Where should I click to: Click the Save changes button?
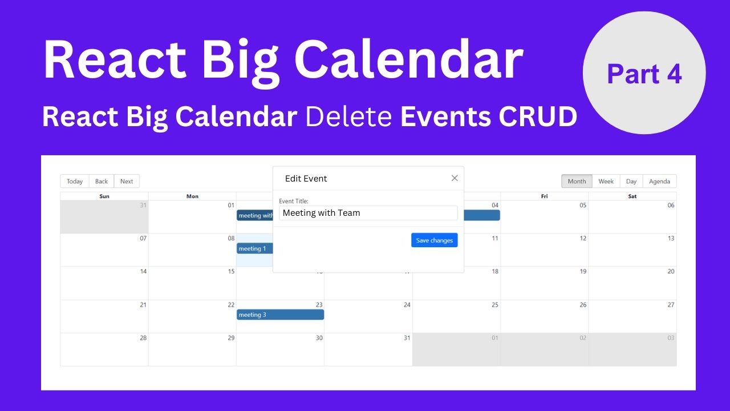point(434,240)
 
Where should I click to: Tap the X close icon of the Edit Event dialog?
point(455,178)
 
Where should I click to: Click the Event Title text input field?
point(368,213)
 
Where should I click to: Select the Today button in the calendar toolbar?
point(75,182)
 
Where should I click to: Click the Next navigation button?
point(127,182)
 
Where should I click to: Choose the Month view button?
point(577,182)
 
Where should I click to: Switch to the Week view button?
point(606,182)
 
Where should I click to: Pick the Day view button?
point(631,182)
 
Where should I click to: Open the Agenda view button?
point(659,182)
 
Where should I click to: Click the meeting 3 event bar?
point(280,315)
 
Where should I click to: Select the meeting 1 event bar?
point(254,248)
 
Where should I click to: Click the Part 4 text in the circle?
point(644,74)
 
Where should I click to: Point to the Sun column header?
point(104,196)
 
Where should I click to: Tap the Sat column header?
point(632,196)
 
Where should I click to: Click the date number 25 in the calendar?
point(495,305)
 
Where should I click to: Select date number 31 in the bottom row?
point(407,338)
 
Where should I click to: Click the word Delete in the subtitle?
point(348,117)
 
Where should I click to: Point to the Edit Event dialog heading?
point(306,179)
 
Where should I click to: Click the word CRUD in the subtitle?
point(537,117)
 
